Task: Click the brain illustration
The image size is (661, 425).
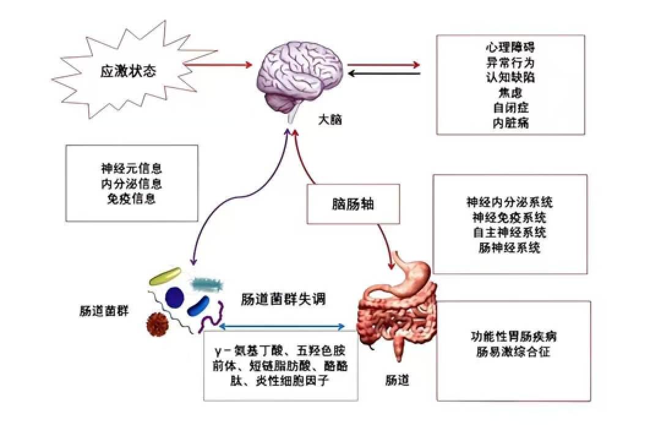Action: coord(301,80)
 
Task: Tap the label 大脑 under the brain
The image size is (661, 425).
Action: coord(330,120)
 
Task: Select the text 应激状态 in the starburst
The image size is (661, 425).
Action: coord(128,71)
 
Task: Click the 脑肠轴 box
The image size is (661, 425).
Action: coord(353,204)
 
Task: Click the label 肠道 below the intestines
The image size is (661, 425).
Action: coord(397,380)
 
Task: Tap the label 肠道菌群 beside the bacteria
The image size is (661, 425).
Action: coord(103,311)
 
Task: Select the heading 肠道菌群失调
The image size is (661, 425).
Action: coord(283,299)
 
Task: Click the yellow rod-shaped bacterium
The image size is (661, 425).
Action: coord(165,276)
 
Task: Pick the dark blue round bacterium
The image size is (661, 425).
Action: coord(174,297)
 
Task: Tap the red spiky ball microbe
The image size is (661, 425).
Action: coord(158,324)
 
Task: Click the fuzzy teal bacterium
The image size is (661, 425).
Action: coord(207,285)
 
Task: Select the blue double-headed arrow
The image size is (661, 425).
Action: coord(282,326)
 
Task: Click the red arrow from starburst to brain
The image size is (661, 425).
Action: coord(217,65)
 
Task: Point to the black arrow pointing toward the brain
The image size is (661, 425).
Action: coord(384,73)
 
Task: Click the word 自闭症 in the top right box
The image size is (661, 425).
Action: coord(510,108)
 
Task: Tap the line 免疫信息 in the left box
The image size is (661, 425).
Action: coord(132,198)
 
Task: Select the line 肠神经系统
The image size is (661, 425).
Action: coord(509,247)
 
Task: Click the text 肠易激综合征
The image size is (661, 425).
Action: coord(513,352)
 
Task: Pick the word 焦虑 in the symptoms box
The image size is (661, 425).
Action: coord(510,92)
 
